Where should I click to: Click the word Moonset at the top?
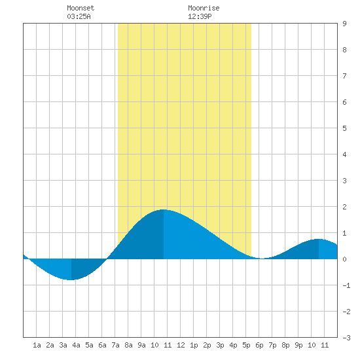click(x=81, y=8)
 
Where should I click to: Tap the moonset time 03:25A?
click(x=79, y=16)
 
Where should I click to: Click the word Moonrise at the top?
click(x=204, y=8)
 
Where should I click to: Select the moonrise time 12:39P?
click(x=200, y=16)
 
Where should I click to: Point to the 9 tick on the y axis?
click(x=344, y=24)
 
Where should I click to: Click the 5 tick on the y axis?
click(x=344, y=128)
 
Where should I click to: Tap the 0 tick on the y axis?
click(x=344, y=259)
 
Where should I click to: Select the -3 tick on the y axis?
click(x=346, y=338)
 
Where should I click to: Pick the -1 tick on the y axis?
click(x=346, y=285)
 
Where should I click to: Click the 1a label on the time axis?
click(x=37, y=345)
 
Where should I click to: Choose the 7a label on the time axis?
click(x=115, y=345)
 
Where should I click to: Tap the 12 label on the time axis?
click(x=181, y=345)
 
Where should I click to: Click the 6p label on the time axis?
click(x=259, y=345)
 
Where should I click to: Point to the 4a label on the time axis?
click(x=76, y=345)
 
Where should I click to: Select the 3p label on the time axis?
click(x=220, y=345)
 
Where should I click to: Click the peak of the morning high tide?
click(x=163, y=209)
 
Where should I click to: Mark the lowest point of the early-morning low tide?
click(x=71, y=280)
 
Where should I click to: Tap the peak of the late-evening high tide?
click(x=319, y=239)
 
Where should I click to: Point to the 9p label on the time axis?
click(x=298, y=345)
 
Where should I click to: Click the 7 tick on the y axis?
click(x=344, y=76)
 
